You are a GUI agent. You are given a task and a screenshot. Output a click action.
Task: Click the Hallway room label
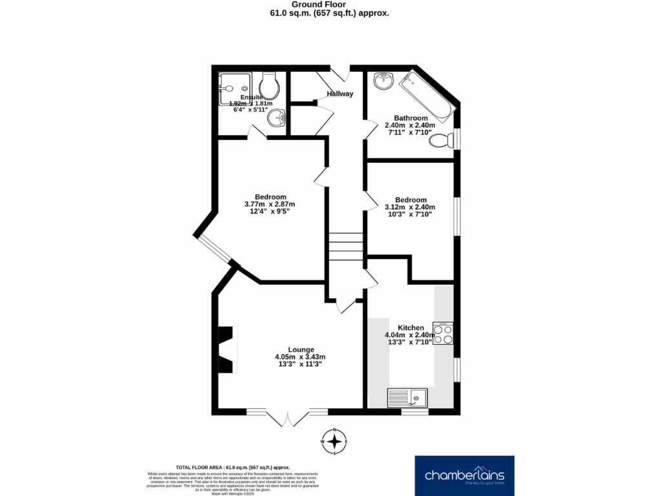[x=340, y=94]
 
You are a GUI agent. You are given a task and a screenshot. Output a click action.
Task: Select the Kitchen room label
[x=411, y=327]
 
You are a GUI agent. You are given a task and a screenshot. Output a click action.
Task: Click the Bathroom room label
[x=411, y=118]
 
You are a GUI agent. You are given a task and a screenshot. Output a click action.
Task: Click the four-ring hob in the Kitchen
[x=443, y=333]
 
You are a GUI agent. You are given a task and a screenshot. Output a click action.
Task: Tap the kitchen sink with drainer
[x=408, y=398]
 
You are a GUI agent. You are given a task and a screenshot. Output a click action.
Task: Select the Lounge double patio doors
[x=287, y=418]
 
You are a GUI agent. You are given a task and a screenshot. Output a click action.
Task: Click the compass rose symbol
[x=335, y=442]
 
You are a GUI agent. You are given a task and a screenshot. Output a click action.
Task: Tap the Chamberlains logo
[x=463, y=475]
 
